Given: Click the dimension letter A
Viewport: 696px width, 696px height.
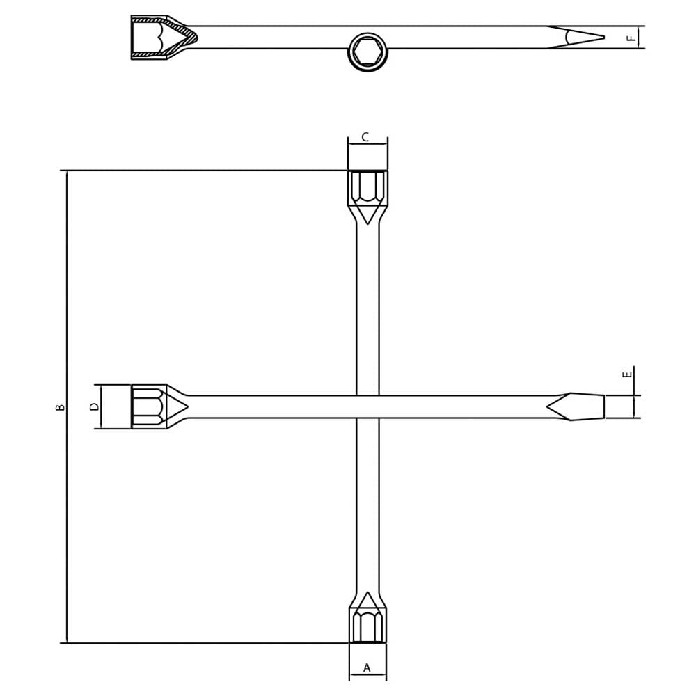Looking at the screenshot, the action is [367, 667].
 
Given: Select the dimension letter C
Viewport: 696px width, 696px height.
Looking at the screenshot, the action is [365, 137].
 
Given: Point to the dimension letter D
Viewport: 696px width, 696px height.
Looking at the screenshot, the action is [94, 406].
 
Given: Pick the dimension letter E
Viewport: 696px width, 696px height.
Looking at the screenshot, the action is [627, 374].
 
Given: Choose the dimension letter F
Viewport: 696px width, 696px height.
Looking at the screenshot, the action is [631, 38].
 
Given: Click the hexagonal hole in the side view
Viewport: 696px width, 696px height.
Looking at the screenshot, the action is [368, 52].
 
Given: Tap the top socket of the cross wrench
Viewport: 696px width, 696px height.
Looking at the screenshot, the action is [367, 188].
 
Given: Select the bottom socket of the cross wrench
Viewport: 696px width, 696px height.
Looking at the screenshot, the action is [367, 625].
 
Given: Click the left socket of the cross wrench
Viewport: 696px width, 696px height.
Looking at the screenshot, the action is [149, 406].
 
